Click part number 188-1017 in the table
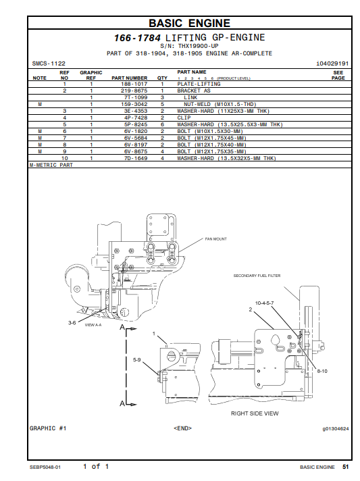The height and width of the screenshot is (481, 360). pyautogui.click(x=134, y=84)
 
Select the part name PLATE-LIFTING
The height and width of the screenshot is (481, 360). pyautogui.click(x=199, y=84)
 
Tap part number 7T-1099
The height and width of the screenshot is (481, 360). pyautogui.click(x=136, y=97)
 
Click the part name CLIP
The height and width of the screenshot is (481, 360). pyautogui.click(x=184, y=118)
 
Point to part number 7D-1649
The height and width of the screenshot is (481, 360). pyautogui.click(x=136, y=158)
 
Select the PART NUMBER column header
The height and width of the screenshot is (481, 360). pyautogui.click(x=130, y=78)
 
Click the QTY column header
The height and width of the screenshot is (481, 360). pyautogui.click(x=162, y=78)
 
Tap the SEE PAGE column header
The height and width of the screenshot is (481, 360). pyautogui.click(x=338, y=75)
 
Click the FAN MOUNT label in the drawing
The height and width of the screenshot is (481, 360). pyautogui.click(x=216, y=239)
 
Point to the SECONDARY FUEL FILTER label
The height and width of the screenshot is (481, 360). pyautogui.click(x=257, y=276)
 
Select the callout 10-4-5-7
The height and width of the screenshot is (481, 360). pyautogui.click(x=264, y=303)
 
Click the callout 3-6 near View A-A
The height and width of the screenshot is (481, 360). pyautogui.click(x=72, y=323)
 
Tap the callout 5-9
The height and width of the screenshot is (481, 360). pyautogui.click(x=136, y=359)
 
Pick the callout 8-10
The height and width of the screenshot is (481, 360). pyautogui.click(x=322, y=371)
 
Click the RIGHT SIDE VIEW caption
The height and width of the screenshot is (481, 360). pyautogui.click(x=255, y=413)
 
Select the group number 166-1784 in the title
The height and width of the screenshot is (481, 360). pyautogui.click(x=137, y=38)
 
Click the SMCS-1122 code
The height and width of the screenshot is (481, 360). pyautogui.click(x=49, y=64)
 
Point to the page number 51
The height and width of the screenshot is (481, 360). pyautogui.click(x=346, y=467)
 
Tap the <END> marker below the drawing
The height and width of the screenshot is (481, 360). pyautogui.click(x=183, y=428)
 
